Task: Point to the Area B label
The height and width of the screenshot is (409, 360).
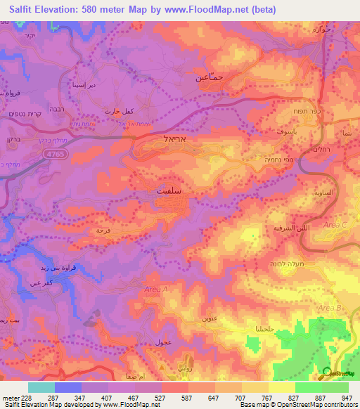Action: [x=328, y=309]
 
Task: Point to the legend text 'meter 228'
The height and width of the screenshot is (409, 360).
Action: [x=16, y=398]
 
